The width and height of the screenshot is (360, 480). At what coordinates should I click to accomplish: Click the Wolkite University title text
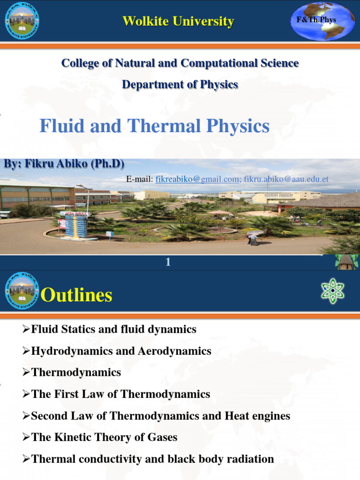tap(178, 21)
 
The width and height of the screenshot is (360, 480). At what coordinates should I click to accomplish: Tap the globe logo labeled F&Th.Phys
tap(322, 21)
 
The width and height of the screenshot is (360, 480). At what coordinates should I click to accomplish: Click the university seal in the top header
tap(22, 22)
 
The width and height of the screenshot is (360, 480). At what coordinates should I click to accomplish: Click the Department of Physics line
tap(180, 84)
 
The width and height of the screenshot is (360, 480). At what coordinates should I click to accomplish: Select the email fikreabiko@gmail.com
tap(197, 179)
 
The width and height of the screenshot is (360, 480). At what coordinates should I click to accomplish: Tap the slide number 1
tap(168, 263)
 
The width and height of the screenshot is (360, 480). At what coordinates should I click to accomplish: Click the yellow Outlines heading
tap(76, 295)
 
